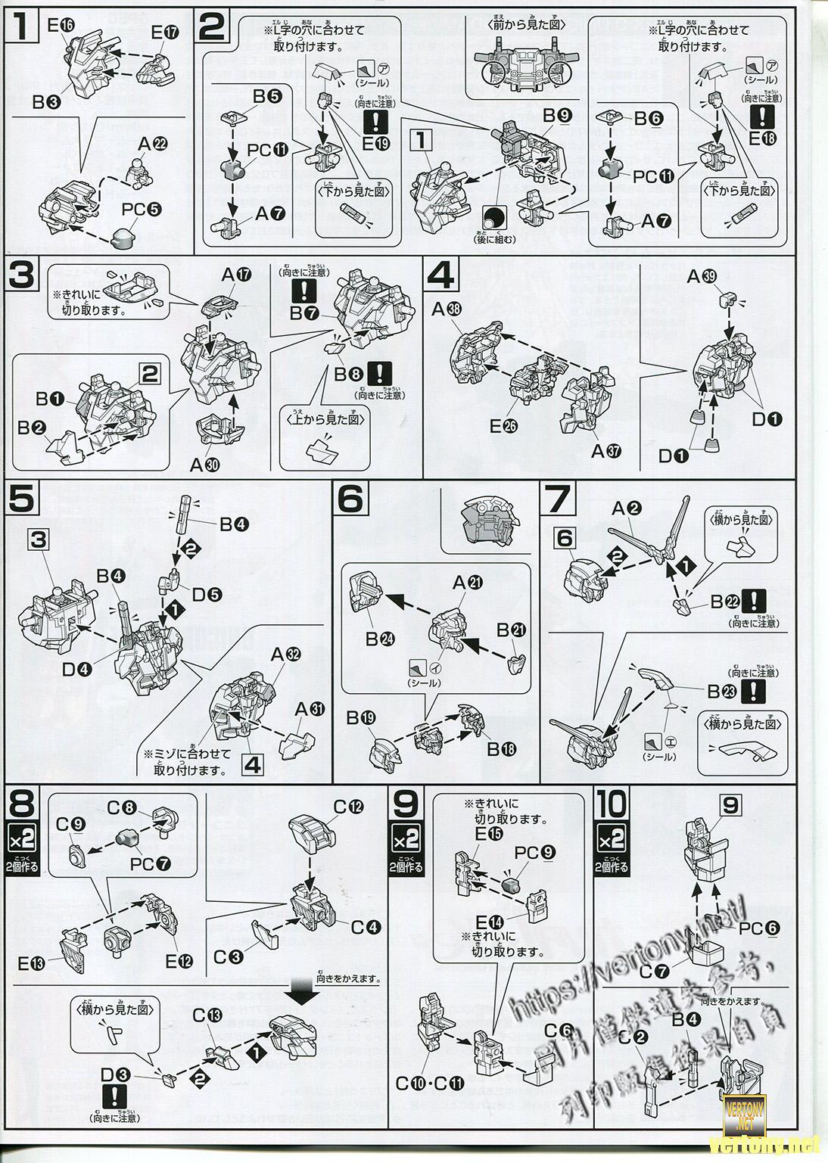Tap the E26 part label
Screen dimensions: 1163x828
pyautogui.click(x=503, y=427)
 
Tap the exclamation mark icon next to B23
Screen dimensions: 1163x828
pyautogui.click(x=754, y=690)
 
